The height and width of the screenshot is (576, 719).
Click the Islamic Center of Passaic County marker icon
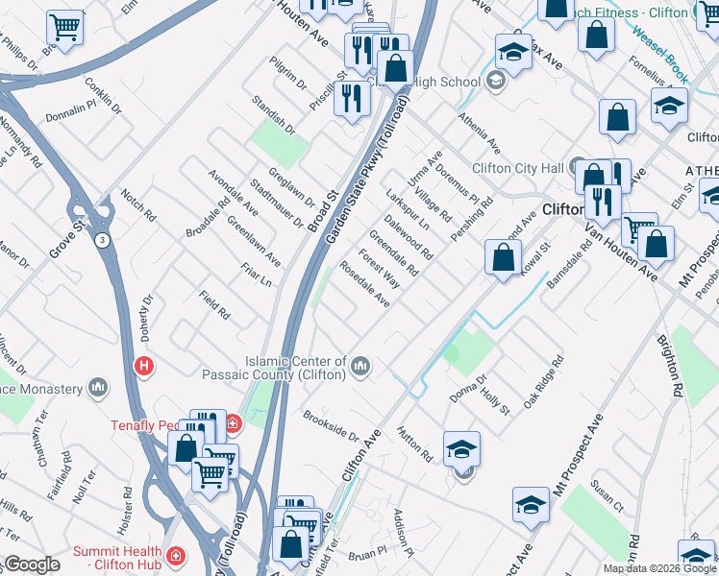click(x=361, y=365)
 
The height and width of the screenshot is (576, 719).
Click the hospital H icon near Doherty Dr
click(x=144, y=366)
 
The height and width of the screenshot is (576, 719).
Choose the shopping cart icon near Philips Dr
click(x=65, y=29)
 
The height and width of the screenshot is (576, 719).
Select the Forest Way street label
click(x=379, y=268)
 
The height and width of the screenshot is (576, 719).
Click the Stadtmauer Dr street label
click(x=276, y=204)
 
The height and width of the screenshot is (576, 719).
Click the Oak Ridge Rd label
click(x=542, y=382)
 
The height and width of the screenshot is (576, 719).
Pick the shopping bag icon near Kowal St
click(x=503, y=257)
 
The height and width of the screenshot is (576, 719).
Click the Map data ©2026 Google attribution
click(x=658, y=568)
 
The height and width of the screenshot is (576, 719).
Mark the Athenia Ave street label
click(x=479, y=132)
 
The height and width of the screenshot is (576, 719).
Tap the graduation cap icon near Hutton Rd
click(x=461, y=448)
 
